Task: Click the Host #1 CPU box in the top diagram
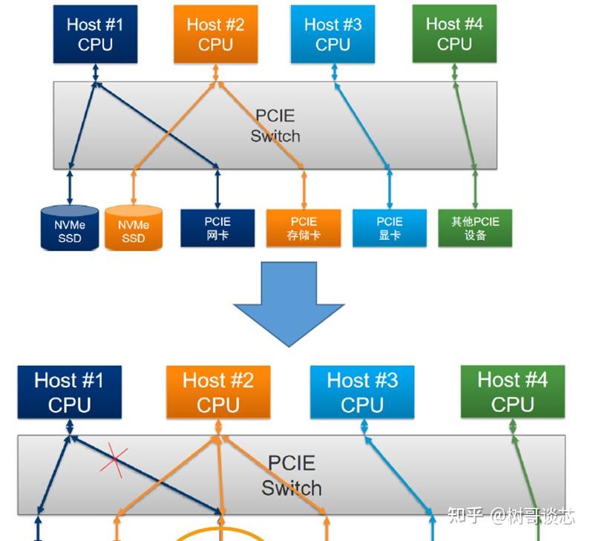95,34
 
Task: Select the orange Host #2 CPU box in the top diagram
215,34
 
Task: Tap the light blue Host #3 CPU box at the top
332,34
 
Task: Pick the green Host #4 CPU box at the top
454,34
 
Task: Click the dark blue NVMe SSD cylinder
70,228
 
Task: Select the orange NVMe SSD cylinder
134,228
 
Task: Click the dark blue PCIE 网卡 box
217,228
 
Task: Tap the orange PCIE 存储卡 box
304,228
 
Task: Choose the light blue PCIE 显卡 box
390,228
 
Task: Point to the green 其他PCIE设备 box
476,228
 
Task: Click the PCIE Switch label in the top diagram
275,126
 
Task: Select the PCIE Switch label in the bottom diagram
292,475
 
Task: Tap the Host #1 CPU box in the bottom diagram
69,393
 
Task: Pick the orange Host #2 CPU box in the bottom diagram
217,393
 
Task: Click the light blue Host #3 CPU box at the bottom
362,393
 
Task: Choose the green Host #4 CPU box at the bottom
512,393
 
